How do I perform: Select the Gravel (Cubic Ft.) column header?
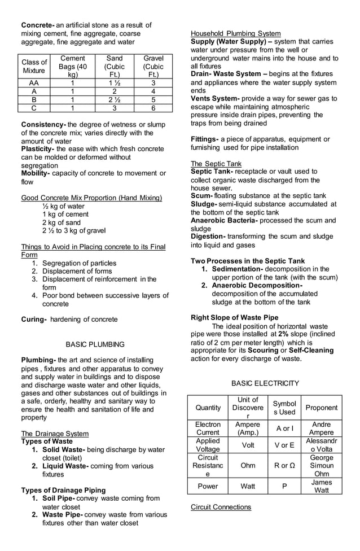(153, 66)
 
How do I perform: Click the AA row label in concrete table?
(34, 82)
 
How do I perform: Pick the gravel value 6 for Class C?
(153, 108)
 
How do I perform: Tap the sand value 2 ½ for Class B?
(115, 99)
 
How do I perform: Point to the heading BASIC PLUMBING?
(95, 344)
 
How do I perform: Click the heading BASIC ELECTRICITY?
(265, 383)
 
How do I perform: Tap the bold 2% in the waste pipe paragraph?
(284, 334)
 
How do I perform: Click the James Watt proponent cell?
(322, 486)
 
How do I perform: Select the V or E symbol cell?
(284, 445)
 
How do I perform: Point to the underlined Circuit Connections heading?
(221, 507)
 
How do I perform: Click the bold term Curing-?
(33, 319)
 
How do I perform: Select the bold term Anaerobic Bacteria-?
(224, 220)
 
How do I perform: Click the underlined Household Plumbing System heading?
(236, 33)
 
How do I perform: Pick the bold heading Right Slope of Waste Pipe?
(235, 318)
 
